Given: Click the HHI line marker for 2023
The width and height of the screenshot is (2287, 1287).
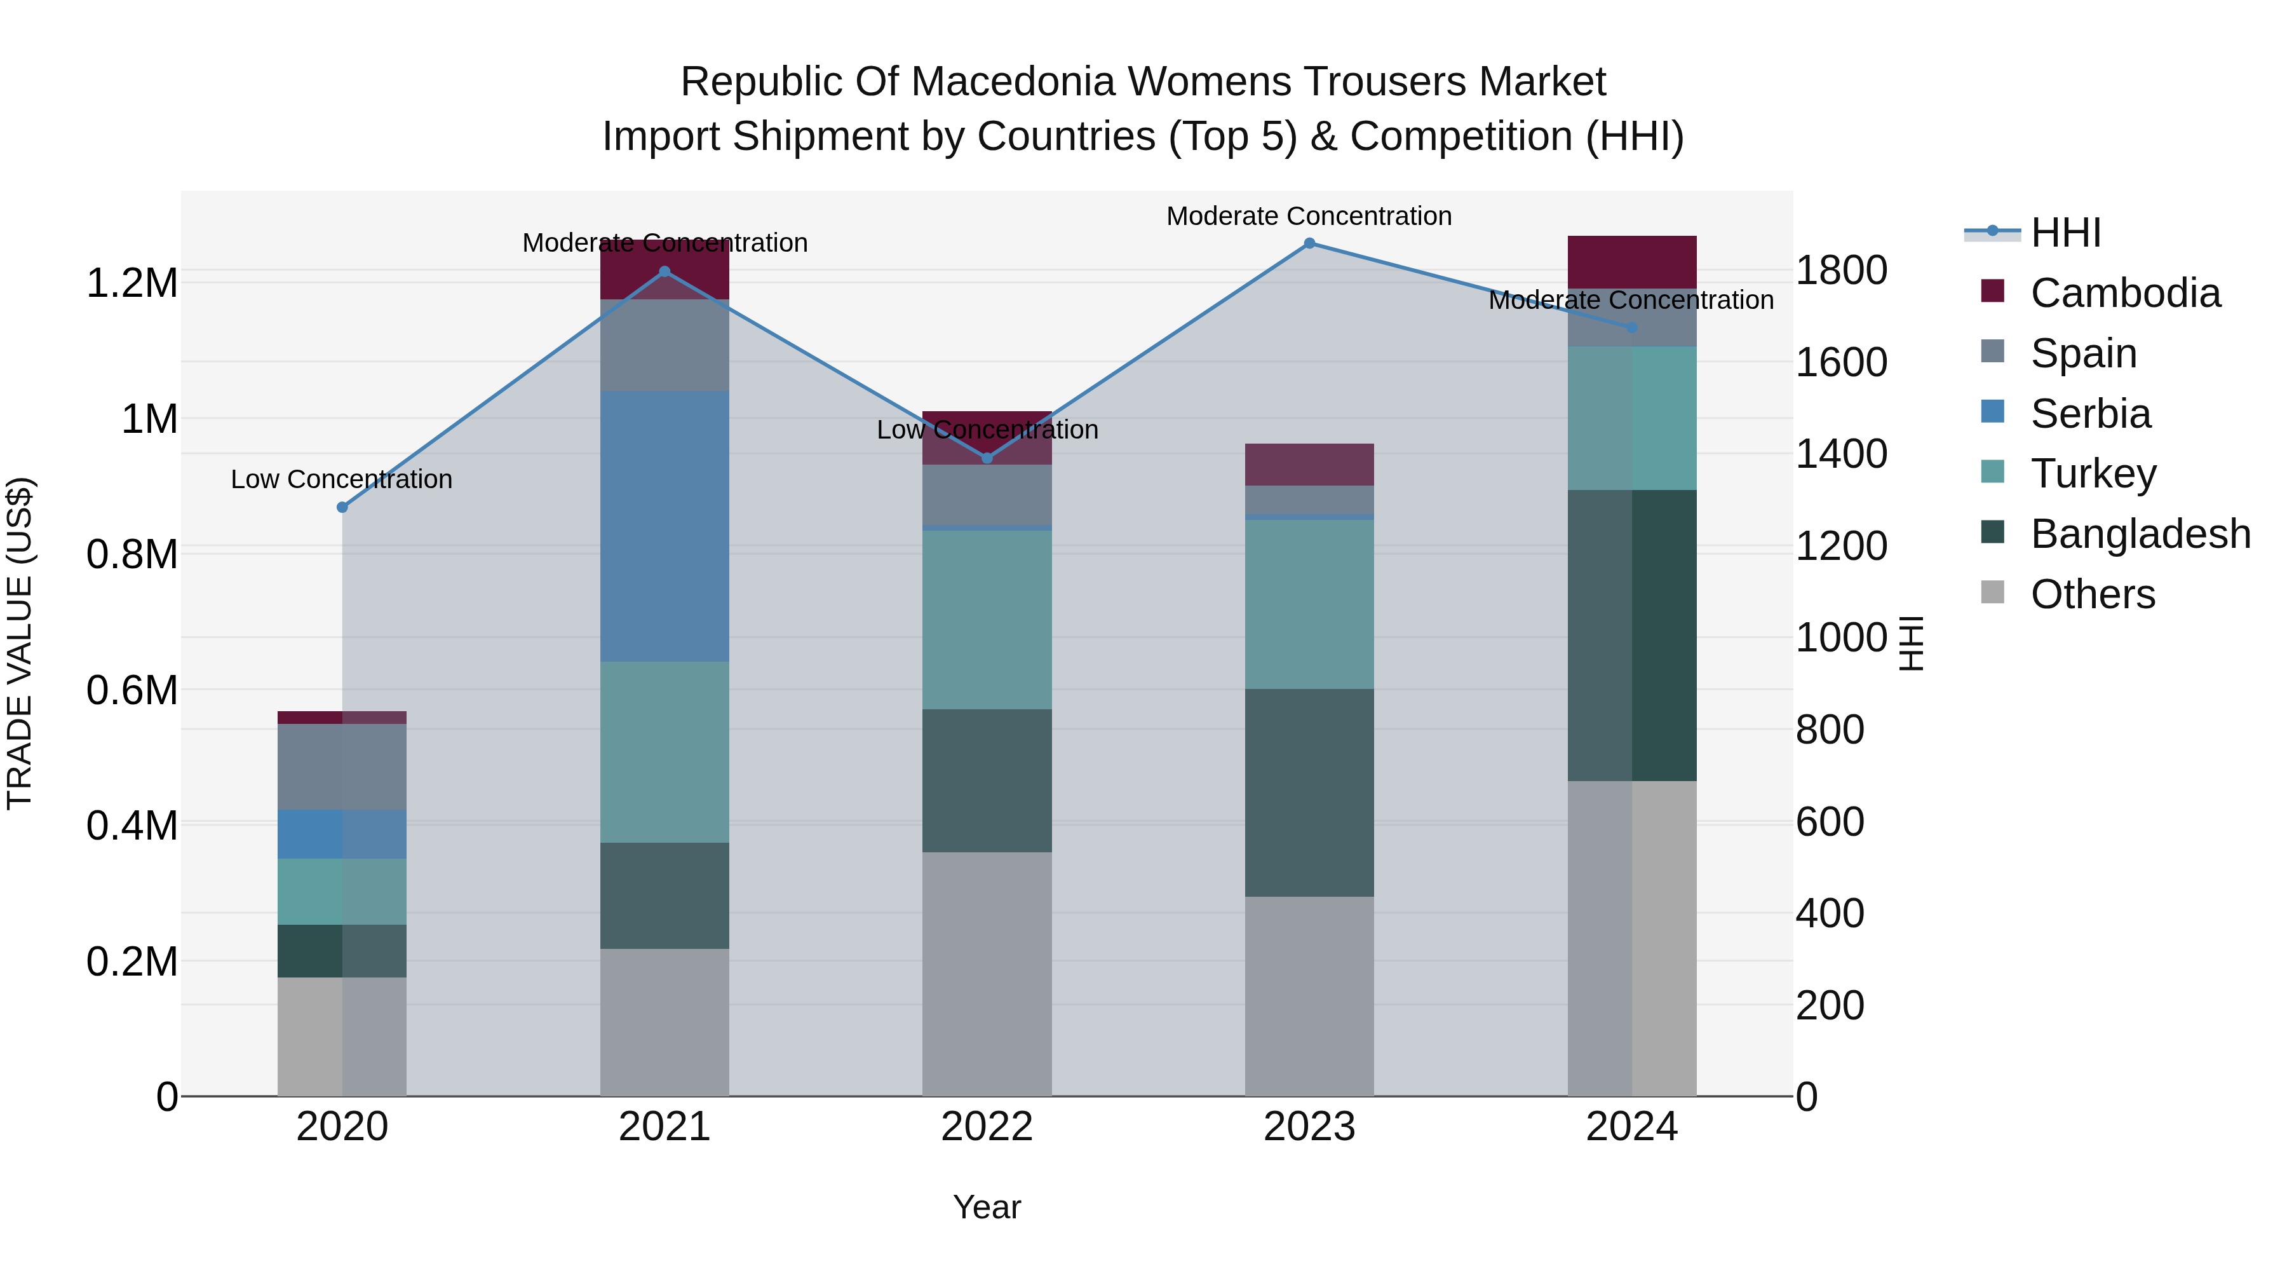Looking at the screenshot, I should pyautogui.click(x=1309, y=243).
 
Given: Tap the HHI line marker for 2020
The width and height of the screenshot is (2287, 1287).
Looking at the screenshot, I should pyautogui.click(x=342, y=507).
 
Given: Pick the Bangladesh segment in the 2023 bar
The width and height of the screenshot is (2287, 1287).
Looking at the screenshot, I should pyautogui.click(x=1309, y=793).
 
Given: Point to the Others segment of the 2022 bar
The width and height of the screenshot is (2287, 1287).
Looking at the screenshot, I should pyautogui.click(x=987, y=974).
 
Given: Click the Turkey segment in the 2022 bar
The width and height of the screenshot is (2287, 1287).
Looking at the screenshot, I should pyautogui.click(x=987, y=619).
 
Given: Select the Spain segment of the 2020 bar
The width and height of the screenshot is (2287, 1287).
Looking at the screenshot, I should pyautogui.click(x=342, y=766).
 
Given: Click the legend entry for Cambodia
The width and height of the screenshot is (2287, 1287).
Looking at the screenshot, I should pyautogui.click(x=2124, y=293).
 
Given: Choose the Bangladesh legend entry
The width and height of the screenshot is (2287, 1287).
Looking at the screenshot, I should pyautogui.click(x=2140, y=534).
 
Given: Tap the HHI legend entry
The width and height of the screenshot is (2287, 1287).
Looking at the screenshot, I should pyautogui.click(x=2065, y=233).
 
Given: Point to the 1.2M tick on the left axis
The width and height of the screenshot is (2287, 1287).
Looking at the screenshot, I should pyautogui.click(x=132, y=283).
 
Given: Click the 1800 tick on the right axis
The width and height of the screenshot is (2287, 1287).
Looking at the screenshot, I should pyautogui.click(x=1841, y=270).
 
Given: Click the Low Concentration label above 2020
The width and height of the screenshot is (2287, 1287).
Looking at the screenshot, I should pyautogui.click(x=342, y=480).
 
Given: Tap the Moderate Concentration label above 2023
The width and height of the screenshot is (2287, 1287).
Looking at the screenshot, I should pyautogui.click(x=1309, y=216).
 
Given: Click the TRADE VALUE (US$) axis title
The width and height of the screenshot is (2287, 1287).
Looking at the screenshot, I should pyautogui.click(x=20, y=643).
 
